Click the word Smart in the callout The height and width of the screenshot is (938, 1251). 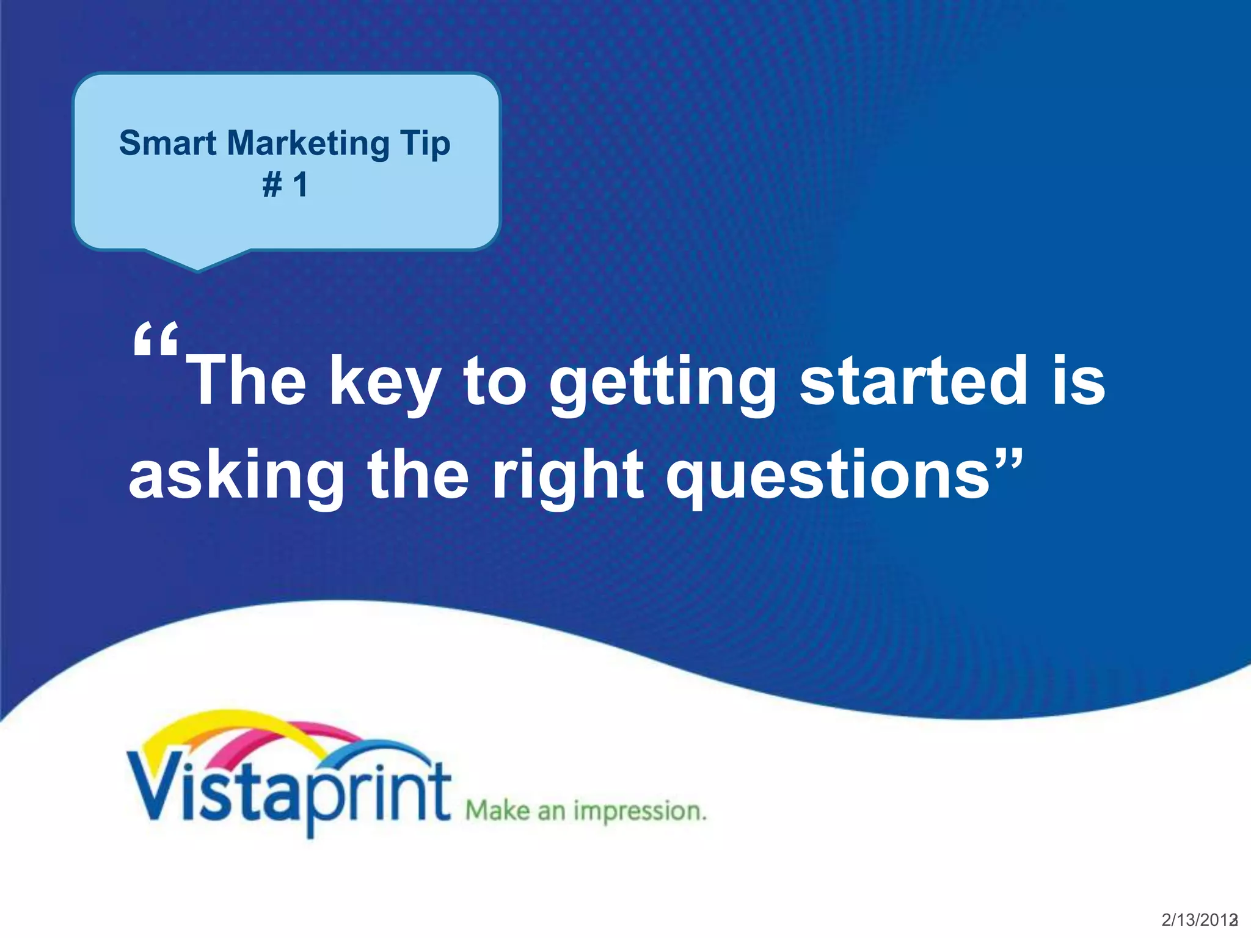(167, 144)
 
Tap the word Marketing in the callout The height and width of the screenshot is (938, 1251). (308, 144)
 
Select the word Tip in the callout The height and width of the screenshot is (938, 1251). (425, 145)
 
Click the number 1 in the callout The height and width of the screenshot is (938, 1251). (300, 184)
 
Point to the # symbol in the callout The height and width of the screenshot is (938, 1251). (272, 184)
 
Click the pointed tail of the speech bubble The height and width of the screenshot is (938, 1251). (197, 264)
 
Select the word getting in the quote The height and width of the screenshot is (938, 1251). (663, 384)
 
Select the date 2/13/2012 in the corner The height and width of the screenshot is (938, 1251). (1198, 920)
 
